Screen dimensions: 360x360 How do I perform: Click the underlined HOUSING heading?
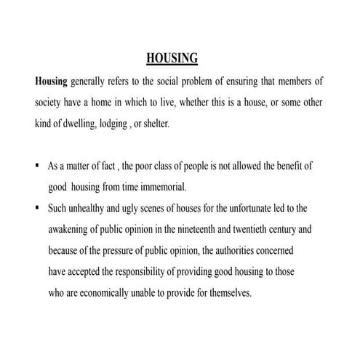pos(172,57)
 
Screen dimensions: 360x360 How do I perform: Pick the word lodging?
pos(128,124)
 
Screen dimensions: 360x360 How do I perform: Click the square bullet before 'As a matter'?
pos(37,165)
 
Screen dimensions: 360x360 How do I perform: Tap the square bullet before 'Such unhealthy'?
pos(37,207)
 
